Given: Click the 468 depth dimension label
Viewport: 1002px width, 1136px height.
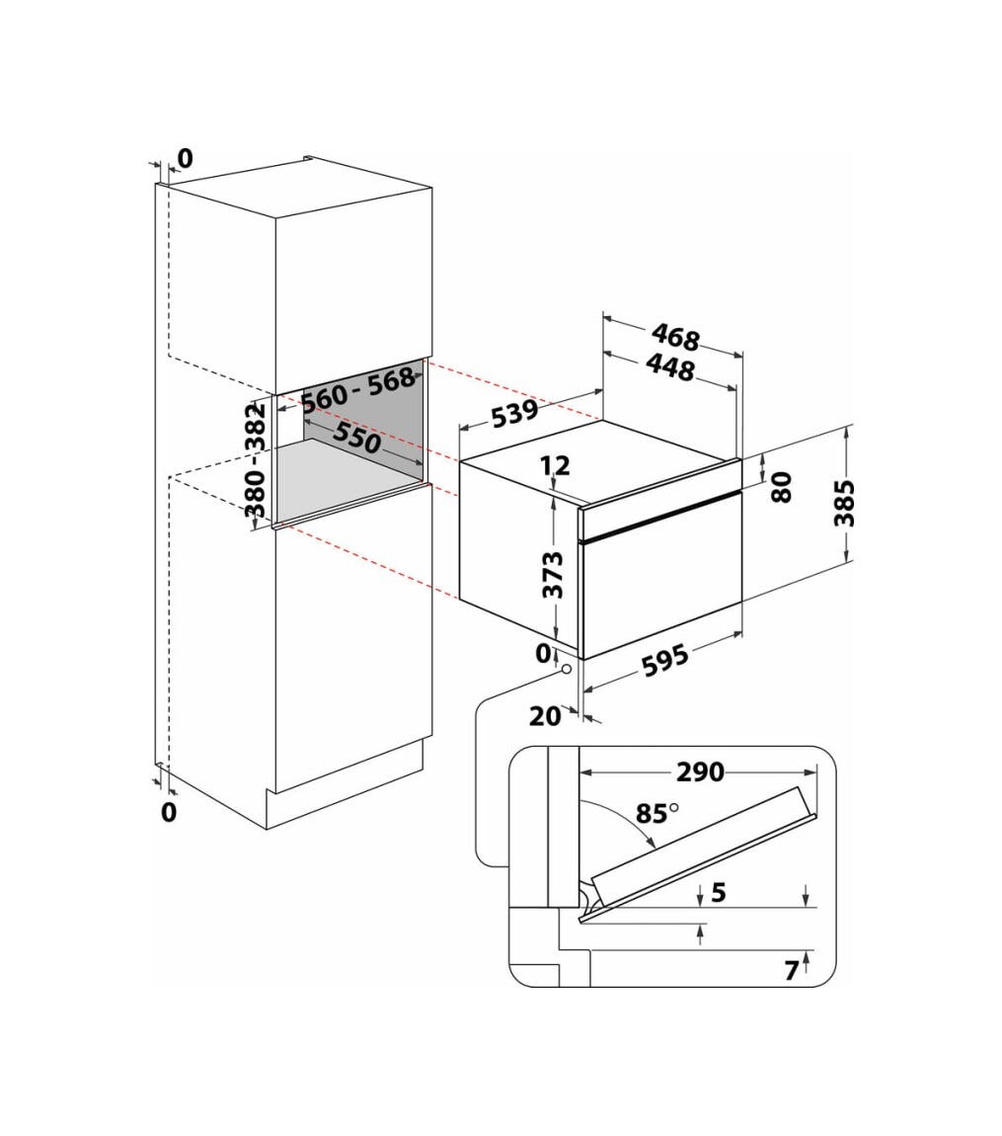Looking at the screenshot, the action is click(x=675, y=337).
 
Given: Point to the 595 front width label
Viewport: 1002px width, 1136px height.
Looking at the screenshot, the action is click(x=665, y=662).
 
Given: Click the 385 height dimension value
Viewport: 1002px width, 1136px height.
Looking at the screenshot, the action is click(x=844, y=503).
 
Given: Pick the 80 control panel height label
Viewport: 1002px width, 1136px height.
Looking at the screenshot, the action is click(x=782, y=487).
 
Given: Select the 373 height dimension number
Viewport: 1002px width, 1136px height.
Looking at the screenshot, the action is click(x=553, y=575).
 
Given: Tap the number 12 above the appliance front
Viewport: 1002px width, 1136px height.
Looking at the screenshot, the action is click(x=555, y=464).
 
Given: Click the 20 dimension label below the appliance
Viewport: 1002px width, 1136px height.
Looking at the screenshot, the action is click(x=545, y=716).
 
